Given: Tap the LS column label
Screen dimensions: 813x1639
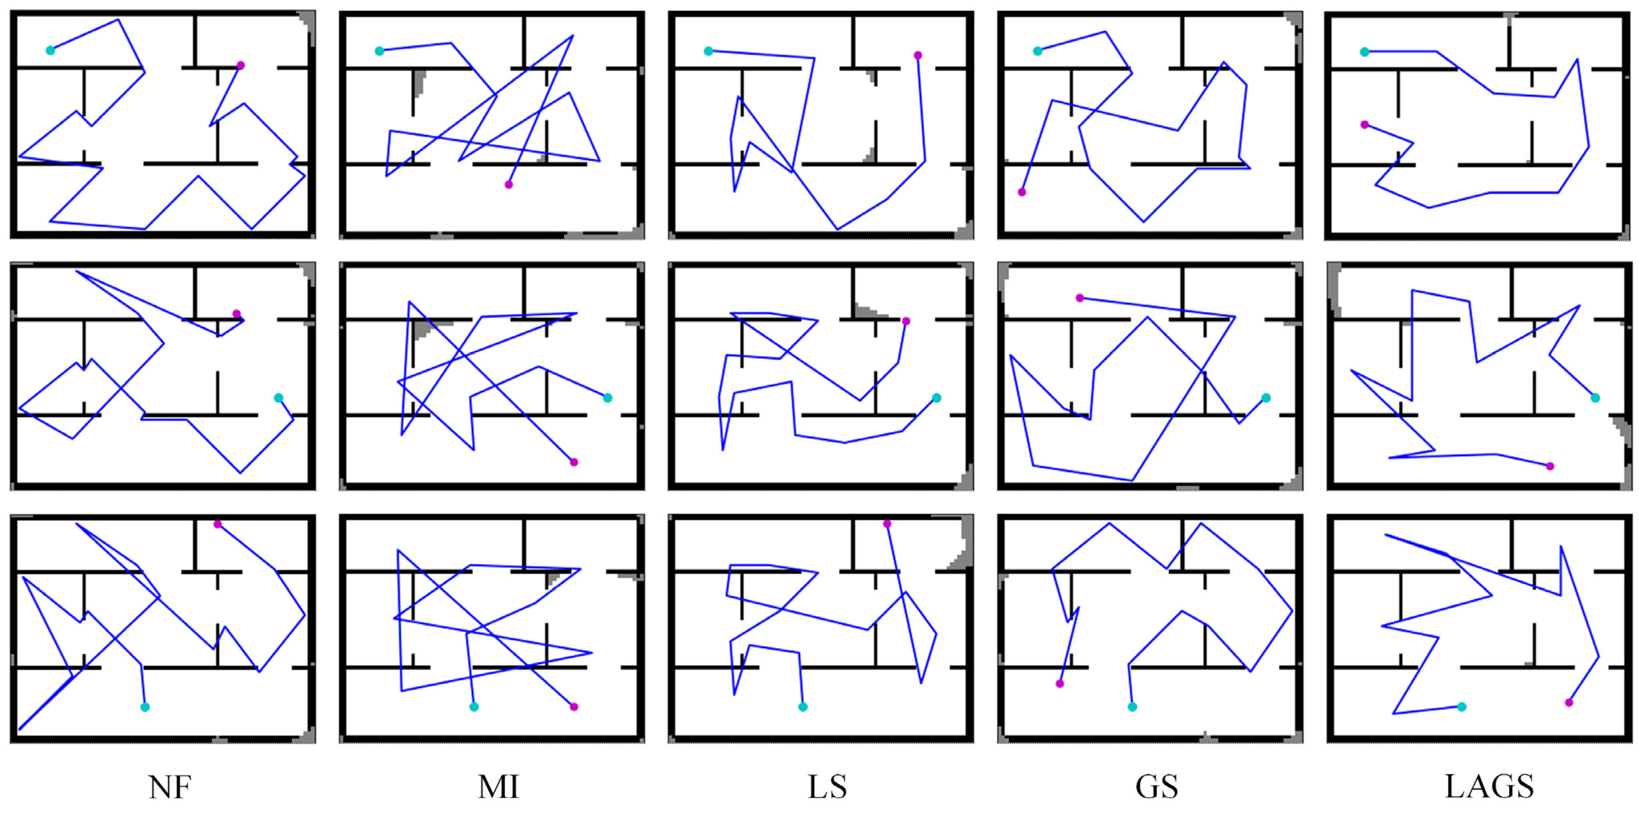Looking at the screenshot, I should coord(827,787).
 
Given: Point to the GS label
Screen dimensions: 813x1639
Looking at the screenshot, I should coord(1157,787).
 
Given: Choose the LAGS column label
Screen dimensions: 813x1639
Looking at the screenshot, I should coord(1489,787).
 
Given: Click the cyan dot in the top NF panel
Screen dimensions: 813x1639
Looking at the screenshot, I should coord(50,50).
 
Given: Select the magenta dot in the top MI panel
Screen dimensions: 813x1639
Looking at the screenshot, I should coord(508,184).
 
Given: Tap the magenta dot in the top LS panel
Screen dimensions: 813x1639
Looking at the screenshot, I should coord(917,55).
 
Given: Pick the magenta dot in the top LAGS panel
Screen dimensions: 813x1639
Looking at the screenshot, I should coord(1364,125).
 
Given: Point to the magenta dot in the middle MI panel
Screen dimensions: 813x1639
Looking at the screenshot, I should coord(574,462).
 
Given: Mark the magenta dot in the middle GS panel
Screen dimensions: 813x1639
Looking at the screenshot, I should coord(1080,298).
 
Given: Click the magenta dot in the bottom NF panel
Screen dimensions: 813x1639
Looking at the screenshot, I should coord(218,523).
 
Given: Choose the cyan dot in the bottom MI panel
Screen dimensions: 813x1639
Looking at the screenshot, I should coord(474,707).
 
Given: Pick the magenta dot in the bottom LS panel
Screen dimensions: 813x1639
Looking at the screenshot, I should coord(887,523).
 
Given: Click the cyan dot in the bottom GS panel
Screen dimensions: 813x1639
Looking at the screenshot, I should coord(1132,707).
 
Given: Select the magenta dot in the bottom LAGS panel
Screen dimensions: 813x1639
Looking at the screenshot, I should coord(1569,702).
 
